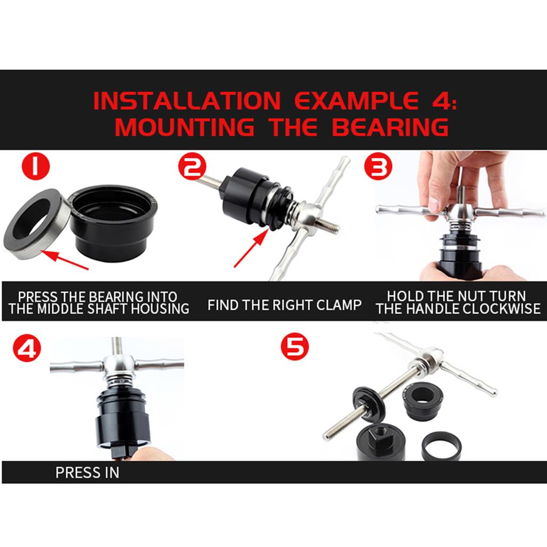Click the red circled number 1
click(x=36, y=166)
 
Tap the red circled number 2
click(x=192, y=166)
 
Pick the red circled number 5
click(x=295, y=348)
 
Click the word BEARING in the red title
click(x=389, y=128)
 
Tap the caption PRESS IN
click(x=87, y=473)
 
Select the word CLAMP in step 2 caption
click(x=337, y=305)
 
